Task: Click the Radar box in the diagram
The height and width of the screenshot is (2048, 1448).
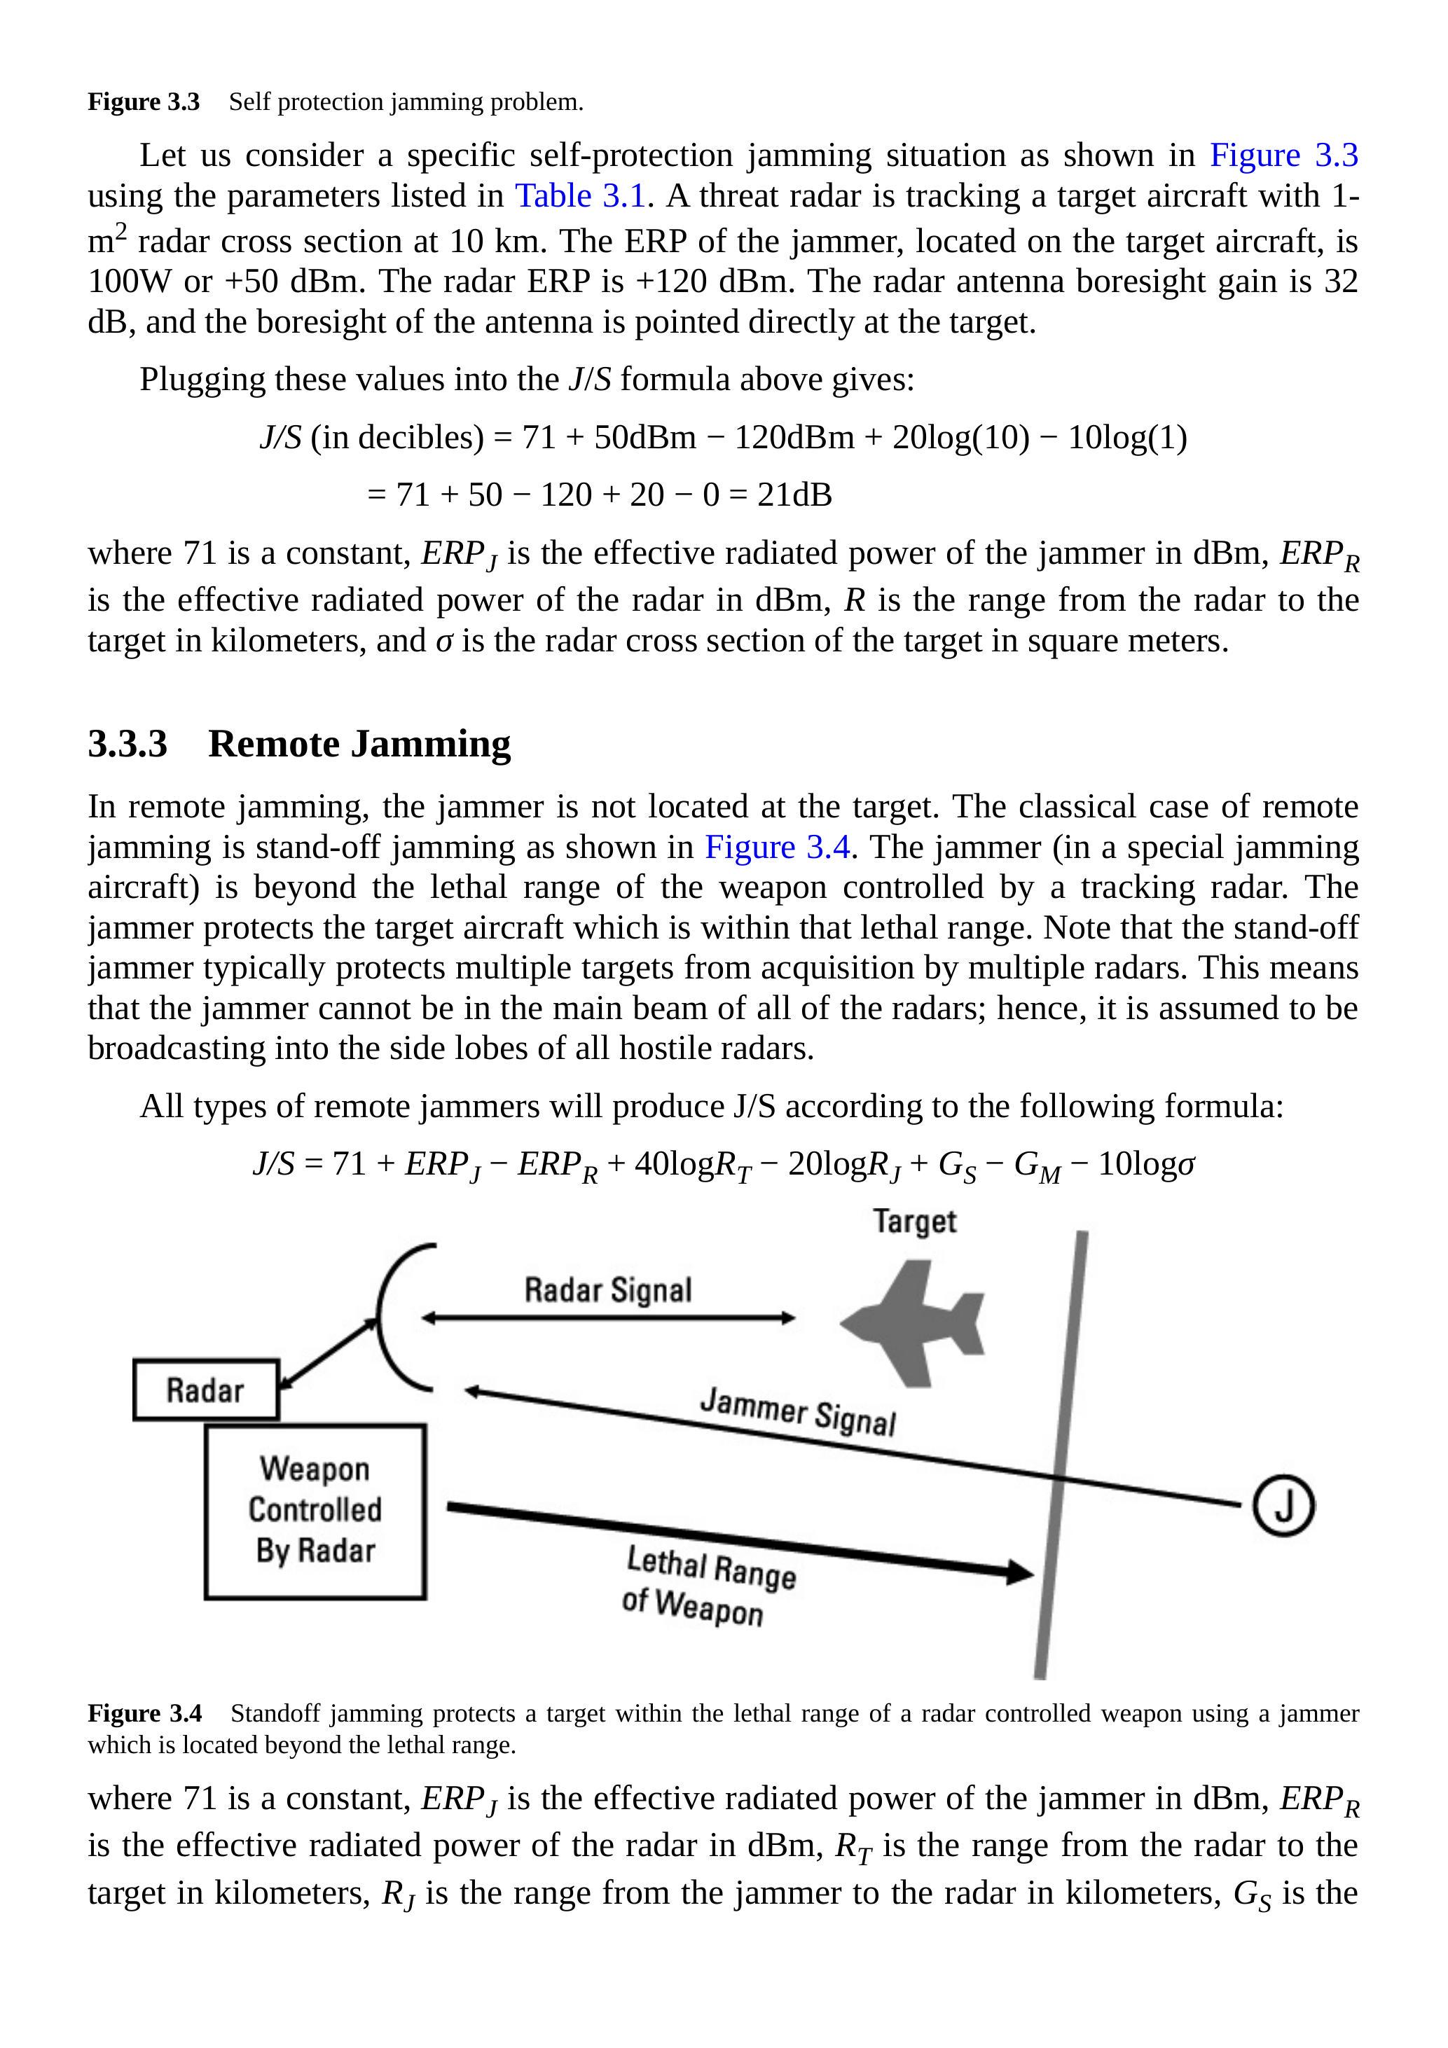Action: pyautogui.click(x=206, y=1389)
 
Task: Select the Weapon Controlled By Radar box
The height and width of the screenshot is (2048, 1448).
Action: pyautogui.click(x=315, y=1511)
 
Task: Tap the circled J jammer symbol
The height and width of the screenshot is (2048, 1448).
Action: pyautogui.click(x=1283, y=1506)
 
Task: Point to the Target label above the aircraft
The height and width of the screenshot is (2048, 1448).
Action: pyautogui.click(x=914, y=1221)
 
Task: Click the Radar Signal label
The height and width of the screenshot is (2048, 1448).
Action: pyautogui.click(x=607, y=1290)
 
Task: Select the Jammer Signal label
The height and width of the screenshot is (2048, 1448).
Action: pyautogui.click(x=798, y=1410)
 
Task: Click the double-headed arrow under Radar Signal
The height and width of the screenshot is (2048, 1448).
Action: pyautogui.click(x=607, y=1317)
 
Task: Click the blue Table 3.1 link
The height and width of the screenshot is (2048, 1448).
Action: pyautogui.click(x=580, y=195)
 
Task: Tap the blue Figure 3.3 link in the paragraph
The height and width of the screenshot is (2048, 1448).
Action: pyautogui.click(x=1283, y=155)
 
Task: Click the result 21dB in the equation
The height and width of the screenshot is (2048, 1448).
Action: pyautogui.click(x=794, y=494)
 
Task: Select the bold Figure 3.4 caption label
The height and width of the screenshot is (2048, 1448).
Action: pyautogui.click(x=144, y=1713)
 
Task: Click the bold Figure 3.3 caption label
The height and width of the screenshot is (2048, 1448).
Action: pyautogui.click(x=144, y=102)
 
